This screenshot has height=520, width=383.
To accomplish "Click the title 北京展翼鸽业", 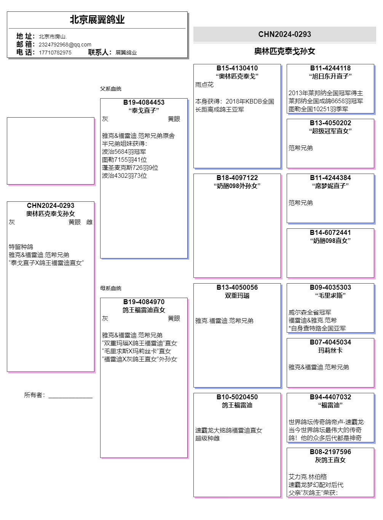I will (97, 20).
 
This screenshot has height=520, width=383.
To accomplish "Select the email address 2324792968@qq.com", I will (65, 45).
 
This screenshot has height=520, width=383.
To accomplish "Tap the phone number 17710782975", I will (55, 53).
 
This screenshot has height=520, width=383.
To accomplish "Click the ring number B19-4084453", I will (144, 102).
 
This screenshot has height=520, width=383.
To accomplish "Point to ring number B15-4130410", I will (237, 68).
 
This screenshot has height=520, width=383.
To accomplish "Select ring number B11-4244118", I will (330, 68).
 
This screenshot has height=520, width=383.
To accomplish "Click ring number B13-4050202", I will (330, 123).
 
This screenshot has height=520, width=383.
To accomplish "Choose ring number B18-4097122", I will (237, 178).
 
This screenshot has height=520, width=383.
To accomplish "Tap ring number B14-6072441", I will (330, 233).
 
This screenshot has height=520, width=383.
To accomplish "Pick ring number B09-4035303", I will (330, 287).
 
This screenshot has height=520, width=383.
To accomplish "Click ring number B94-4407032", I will (330, 397).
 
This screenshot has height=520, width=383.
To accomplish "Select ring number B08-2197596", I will (330, 452).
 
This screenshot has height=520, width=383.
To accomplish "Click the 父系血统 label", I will (111, 89).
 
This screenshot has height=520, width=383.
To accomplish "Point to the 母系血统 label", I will (111, 288).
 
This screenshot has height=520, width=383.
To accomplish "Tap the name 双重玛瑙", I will (237, 296).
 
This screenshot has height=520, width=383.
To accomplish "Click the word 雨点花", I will (204, 85).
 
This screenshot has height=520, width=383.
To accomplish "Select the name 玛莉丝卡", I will (330, 351).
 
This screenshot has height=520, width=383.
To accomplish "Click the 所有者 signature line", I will (70, 396).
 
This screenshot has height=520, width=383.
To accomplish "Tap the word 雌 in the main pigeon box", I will (89, 222).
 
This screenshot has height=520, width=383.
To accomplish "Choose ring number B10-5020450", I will (237, 397).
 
